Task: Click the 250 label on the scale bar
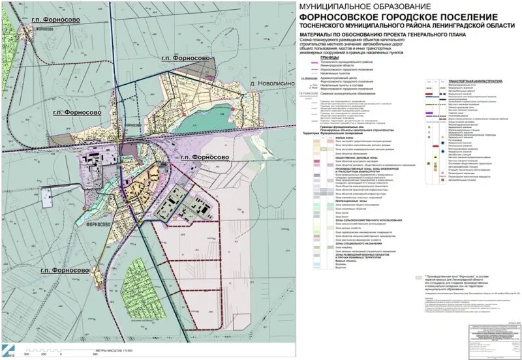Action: pyautogui.click(x=43, y=354)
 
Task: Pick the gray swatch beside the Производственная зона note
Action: pyautogui.click(x=419, y=277)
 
